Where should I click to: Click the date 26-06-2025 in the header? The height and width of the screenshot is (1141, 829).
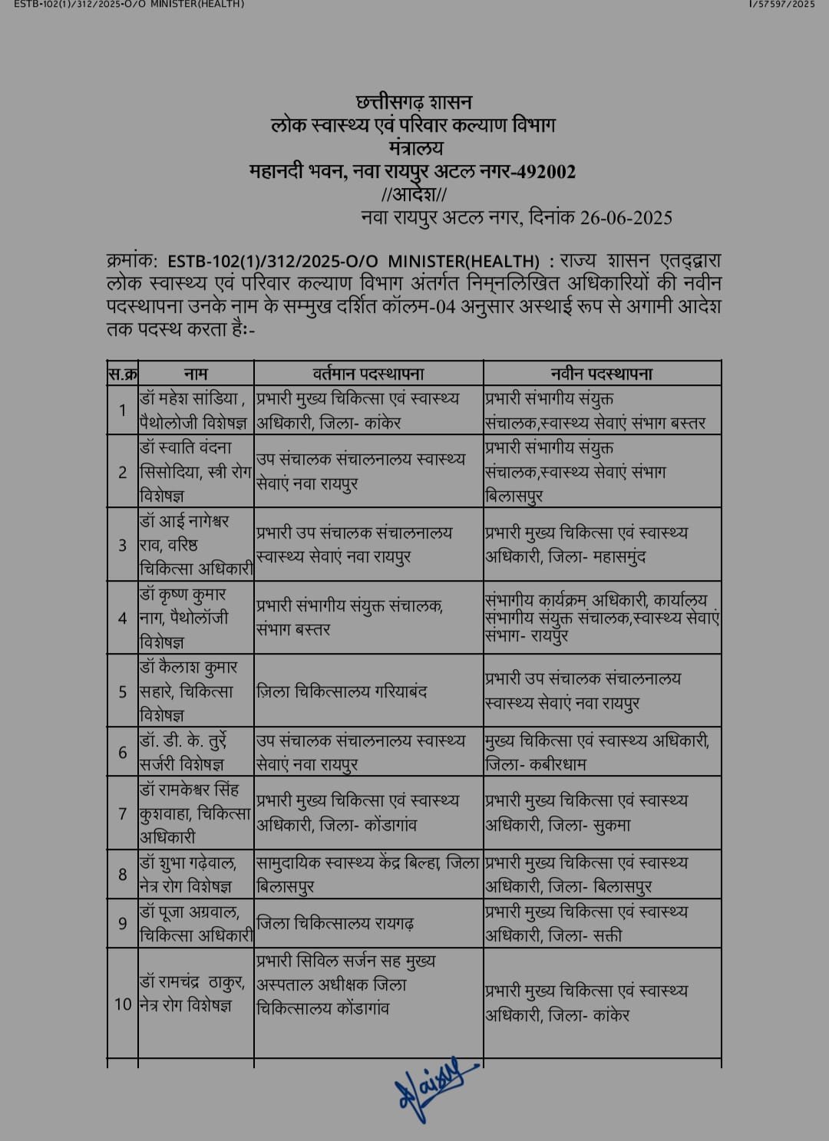tap(626, 218)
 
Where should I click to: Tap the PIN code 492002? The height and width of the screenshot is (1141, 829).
tap(543, 171)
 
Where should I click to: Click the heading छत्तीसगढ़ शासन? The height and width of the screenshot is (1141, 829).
tap(414, 102)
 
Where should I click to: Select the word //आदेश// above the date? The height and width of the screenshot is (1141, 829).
tap(414, 194)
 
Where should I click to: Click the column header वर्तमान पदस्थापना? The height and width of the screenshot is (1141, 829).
tap(368, 374)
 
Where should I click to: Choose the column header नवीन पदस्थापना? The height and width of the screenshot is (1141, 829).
tap(602, 374)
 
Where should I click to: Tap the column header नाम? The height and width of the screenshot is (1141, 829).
tap(196, 374)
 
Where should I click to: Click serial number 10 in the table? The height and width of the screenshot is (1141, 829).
tap(123, 1004)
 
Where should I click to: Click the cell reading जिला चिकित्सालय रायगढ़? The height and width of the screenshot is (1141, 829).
tap(335, 924)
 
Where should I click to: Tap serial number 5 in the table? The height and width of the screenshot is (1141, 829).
tap(123, 691)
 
